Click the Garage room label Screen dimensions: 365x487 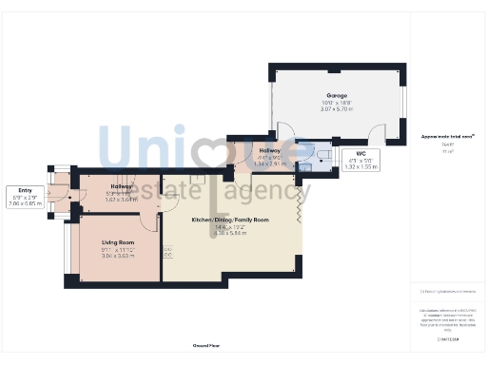(336, 96)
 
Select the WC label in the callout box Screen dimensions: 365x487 (360, 153)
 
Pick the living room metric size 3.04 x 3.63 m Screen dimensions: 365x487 (119, 257)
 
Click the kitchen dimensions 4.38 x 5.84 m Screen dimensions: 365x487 (231, 233)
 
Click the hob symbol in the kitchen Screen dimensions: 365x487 (168, 252)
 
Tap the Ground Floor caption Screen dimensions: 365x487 (207, 345)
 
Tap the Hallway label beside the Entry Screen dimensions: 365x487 (121, 186)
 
